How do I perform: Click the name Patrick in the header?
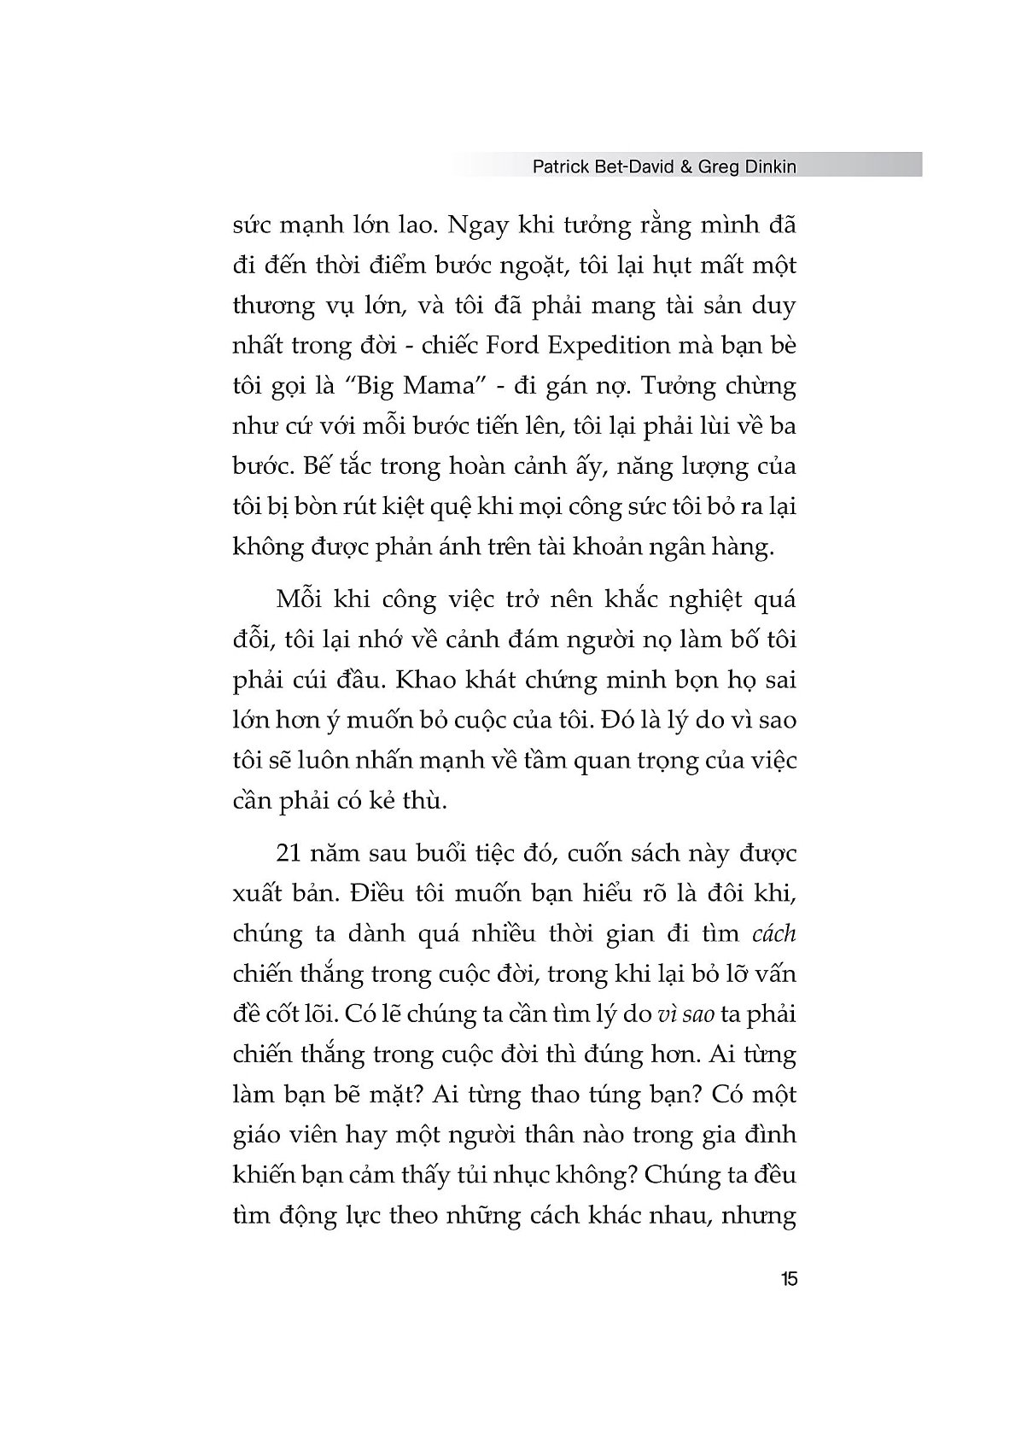[x=560, y=167]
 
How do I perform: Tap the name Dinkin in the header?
[x=767, y=167]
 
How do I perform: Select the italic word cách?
[x=773, y=933]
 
